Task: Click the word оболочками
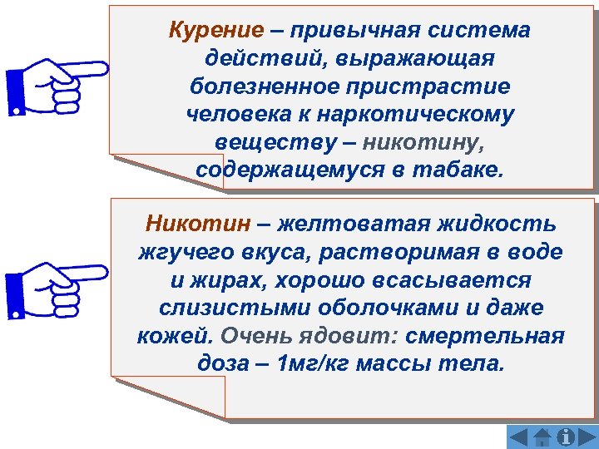389,308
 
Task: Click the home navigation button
543,437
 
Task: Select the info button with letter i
567,437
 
